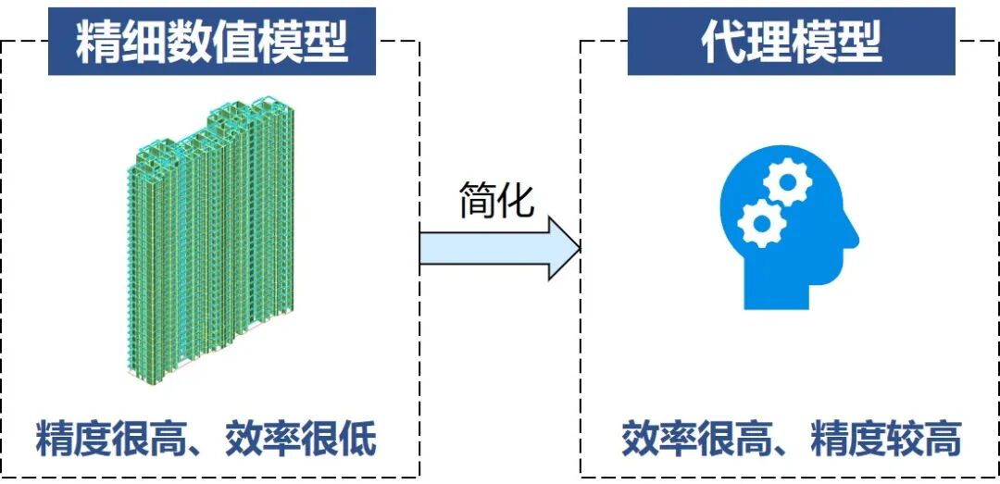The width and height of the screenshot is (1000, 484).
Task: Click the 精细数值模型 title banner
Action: tap(212, 43)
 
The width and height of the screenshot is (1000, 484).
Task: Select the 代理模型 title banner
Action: tap(791, 43)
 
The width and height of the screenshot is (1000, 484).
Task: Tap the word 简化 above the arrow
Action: tap(497, 199)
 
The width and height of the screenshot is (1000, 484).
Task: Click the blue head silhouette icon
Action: tap(787, 231)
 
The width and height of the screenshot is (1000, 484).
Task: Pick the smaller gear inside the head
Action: tap(761, 223)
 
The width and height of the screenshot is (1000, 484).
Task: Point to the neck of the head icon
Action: tap(778, 292)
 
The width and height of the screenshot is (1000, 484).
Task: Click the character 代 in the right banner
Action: tap(723, 43)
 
